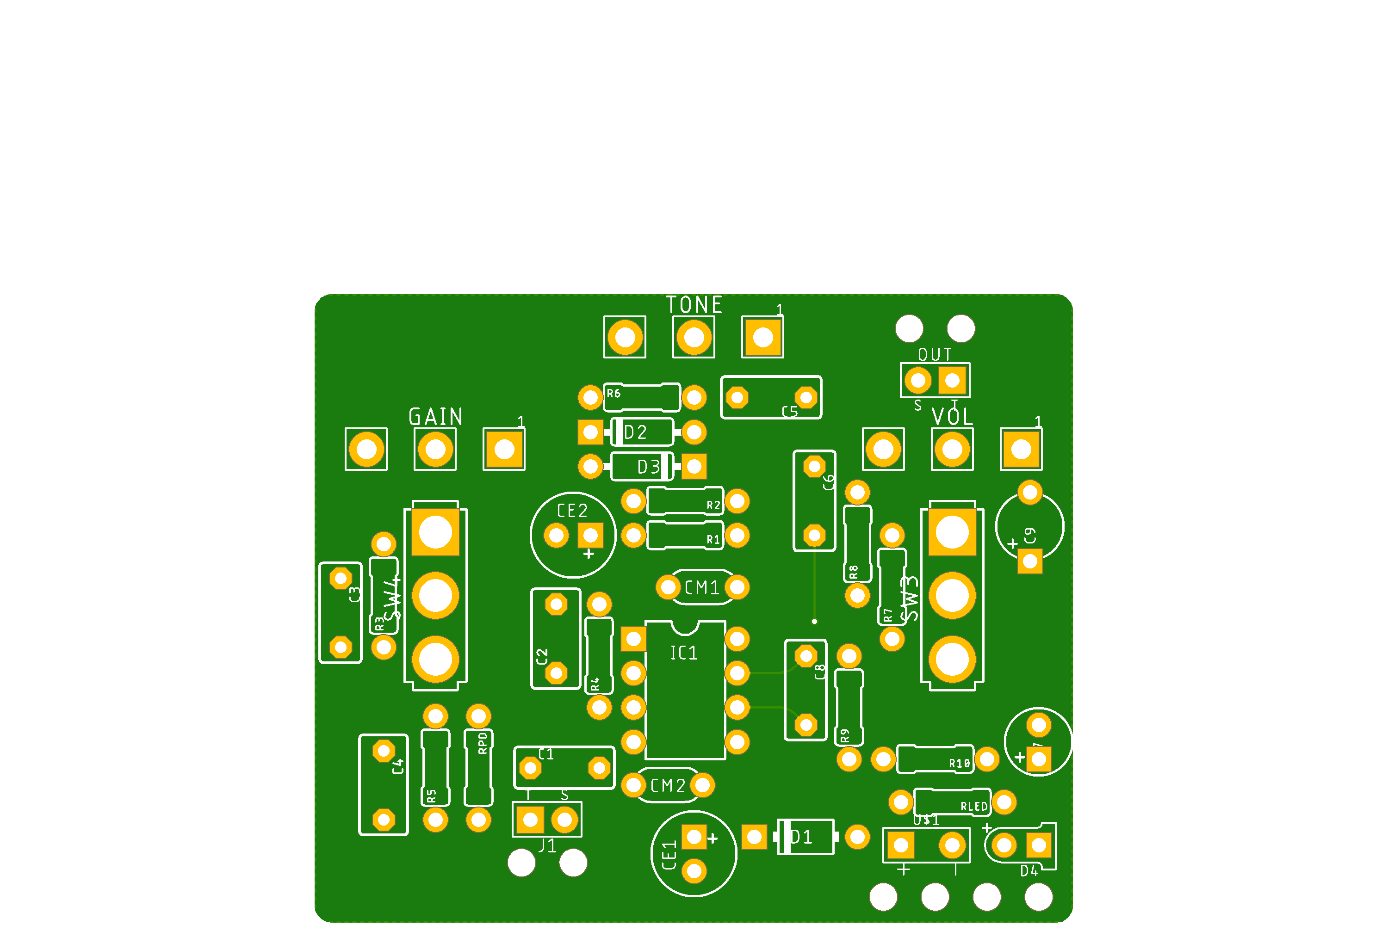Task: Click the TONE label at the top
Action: point(694,305)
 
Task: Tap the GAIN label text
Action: point(435,417)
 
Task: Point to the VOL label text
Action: point(952,417)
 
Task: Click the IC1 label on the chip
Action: point(684,653)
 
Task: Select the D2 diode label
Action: point(636,432)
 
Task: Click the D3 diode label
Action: point(649,467)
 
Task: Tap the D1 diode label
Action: point(801,837)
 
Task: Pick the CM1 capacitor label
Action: point(702,587)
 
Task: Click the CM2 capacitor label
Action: point(668,786)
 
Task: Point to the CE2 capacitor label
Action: point(572,511)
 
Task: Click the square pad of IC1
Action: point(633,639)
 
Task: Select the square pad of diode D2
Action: point(590,432)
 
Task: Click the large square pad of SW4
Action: point(435,532)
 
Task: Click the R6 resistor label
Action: point(614,394)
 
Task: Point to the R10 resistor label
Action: point(960,764)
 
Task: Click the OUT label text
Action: point(935,355)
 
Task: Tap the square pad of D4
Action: point(1039,845)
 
